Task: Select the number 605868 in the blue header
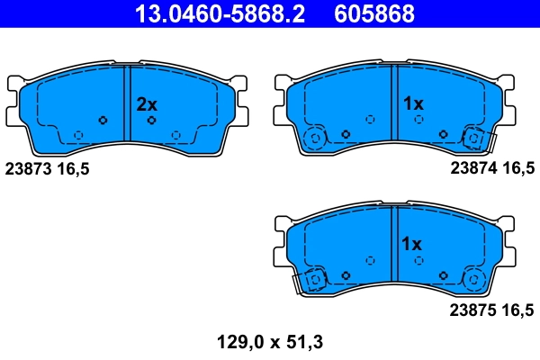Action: (374, 13)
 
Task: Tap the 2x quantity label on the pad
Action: (147, 104)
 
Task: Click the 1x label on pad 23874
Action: (412, 104)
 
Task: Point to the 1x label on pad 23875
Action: (412, 244)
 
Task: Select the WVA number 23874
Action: (473, 168)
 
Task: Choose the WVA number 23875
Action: (473, 311)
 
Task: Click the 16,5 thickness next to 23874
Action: (518, 168)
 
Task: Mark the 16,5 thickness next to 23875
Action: (518, 311)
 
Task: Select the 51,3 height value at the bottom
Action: (306, 342)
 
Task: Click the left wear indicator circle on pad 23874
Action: (315, 139)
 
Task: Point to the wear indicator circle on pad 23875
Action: (315, 280)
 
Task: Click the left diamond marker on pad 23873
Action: (103, 120)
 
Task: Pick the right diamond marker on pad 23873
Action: (151, 120)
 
